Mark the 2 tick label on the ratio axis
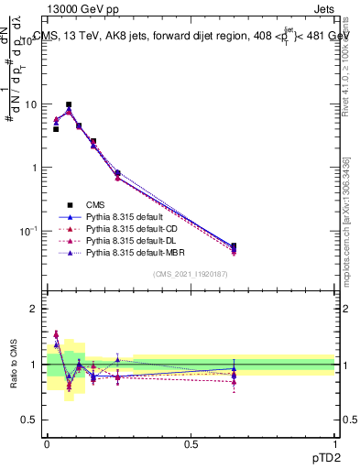pyautogui.click(x=35, y=309)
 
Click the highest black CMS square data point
pyautogui.click(x=69, y=105)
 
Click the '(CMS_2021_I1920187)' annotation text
pyautogui.click(x=190, y=274)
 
